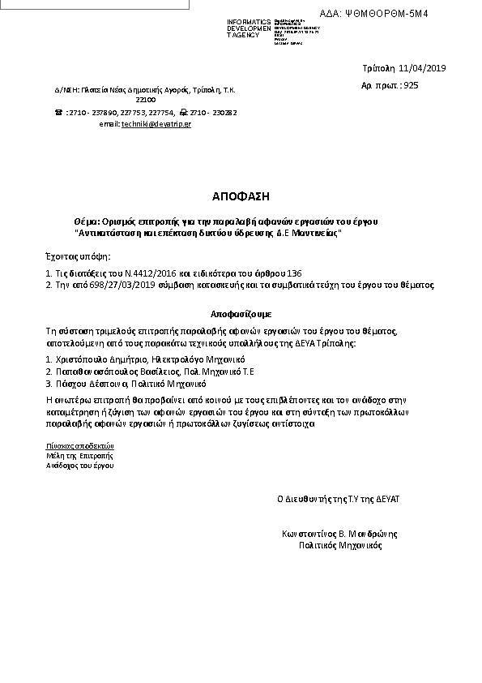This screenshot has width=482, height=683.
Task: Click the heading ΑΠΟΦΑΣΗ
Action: pos(241,196)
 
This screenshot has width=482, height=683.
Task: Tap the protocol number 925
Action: pos(411,85)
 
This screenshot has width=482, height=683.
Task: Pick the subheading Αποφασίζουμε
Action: pos(241,312)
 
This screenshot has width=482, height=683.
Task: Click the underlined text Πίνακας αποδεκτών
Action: pos(80,445)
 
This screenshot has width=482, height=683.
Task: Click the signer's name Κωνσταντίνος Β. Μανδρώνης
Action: pos(339,535)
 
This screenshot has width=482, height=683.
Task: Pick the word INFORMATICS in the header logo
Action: pos(250,22)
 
